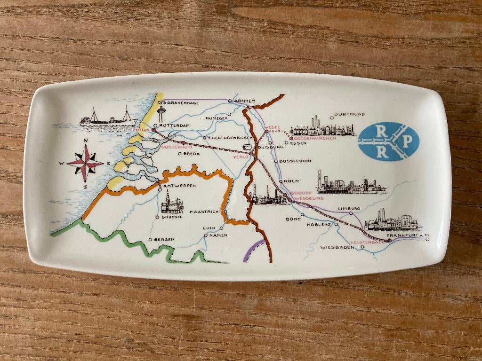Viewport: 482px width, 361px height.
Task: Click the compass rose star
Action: (85, 164)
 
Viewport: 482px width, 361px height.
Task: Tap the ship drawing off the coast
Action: (108, 118)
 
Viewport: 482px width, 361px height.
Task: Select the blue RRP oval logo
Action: (388, 141)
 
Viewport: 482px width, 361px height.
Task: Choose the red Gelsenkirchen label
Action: (318, 138)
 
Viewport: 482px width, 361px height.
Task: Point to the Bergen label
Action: (164, 240)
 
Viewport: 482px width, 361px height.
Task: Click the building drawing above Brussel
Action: (172, 204)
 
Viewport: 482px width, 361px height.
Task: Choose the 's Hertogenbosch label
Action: (224, 138)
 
